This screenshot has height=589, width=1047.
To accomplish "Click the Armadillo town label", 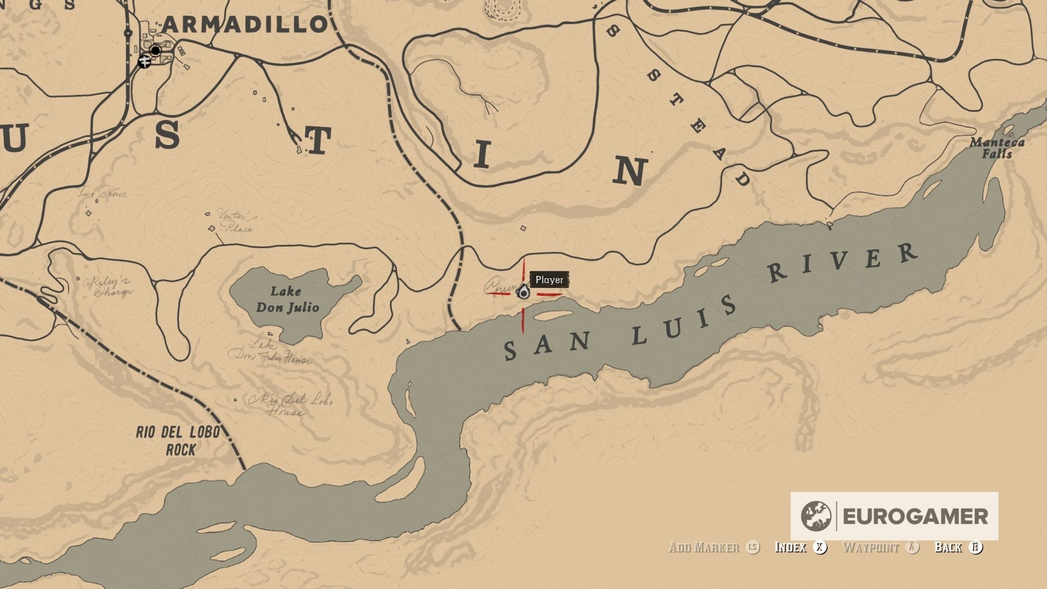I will click(245, 24).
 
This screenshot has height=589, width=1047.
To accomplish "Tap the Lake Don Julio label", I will click(287, 299).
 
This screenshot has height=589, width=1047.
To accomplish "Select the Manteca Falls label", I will click(997, 148).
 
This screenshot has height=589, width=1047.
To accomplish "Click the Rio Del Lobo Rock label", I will click(178, 441).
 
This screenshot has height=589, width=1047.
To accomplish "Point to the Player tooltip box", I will click(549, 280).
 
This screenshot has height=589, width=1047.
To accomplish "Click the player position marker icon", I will click(523, 293).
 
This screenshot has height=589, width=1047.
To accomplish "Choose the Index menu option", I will click(790, 547).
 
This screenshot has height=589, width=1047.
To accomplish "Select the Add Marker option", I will click(704, 547).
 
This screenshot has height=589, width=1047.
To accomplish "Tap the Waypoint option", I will click(870, 547).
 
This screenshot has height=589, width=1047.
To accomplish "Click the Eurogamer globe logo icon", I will click(816, 516).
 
